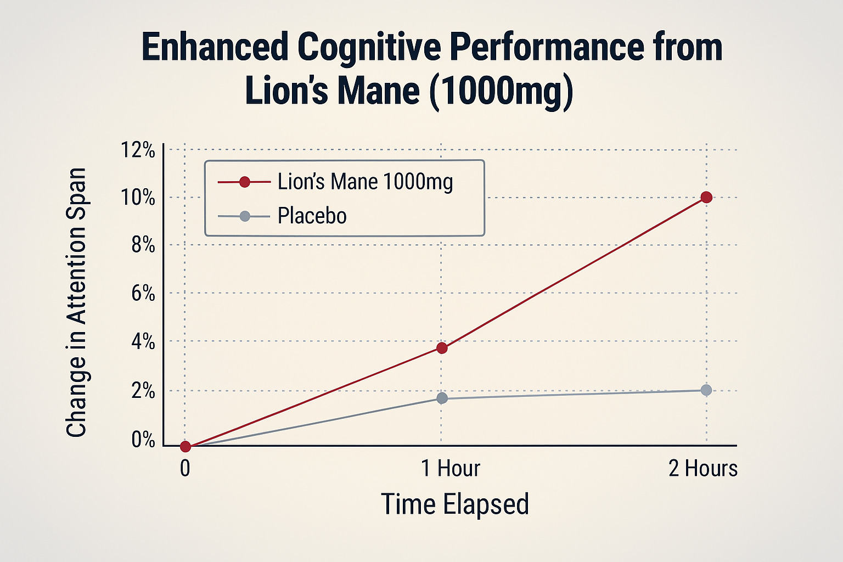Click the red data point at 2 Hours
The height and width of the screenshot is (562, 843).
(x=706, y=197)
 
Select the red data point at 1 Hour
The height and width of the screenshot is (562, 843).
(x=442, y=348)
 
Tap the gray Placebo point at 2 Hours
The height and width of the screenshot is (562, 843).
(x=706, y=390)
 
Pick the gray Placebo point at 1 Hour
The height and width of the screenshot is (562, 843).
(x=442, y=398)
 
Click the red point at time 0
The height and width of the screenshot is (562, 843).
(x=186, y=446)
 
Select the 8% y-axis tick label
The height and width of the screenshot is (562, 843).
(x=143, y=245)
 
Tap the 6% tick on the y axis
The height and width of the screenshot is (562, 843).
(x=143, y=294)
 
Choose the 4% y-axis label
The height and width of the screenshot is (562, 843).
(x=143, y=342)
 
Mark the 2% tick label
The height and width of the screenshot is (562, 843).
(x=143, y=391)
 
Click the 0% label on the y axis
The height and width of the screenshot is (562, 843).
(x=143, y=440)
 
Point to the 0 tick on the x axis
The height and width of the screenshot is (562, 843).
(x=185, y=469)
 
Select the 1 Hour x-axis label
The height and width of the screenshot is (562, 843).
(x=450, y=469)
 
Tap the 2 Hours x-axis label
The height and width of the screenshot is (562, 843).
(x=702, y=469)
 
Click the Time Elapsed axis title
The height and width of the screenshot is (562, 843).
(x=454, y=504)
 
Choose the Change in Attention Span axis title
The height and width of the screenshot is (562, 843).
(x=76, y=302)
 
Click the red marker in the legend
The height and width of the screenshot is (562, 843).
(x=245, y=182)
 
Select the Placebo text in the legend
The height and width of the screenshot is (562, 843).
(x=312, y=216)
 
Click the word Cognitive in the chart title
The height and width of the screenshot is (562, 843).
(x=368, y=47)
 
